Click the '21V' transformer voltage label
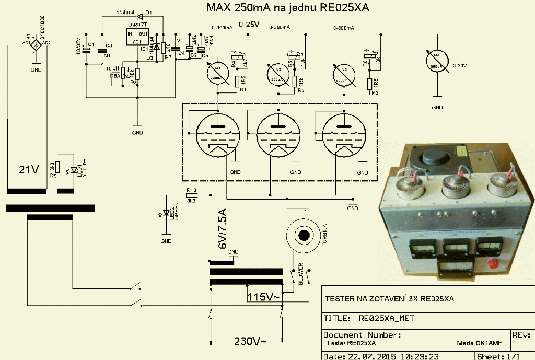coord(29,170)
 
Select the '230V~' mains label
coord(250,342)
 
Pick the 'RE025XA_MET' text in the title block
coord(387,318)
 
